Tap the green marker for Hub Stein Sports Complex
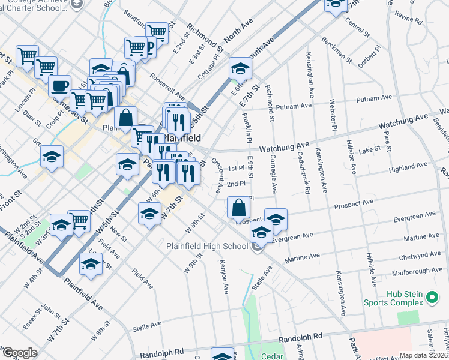pyautogui.click(x=431, y=297)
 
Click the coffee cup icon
pyautogui.click(x=59, y=86)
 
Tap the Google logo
pyautogui.click(x=20, y=353)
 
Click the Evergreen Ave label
pyautogui.click(x=414, y=214)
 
